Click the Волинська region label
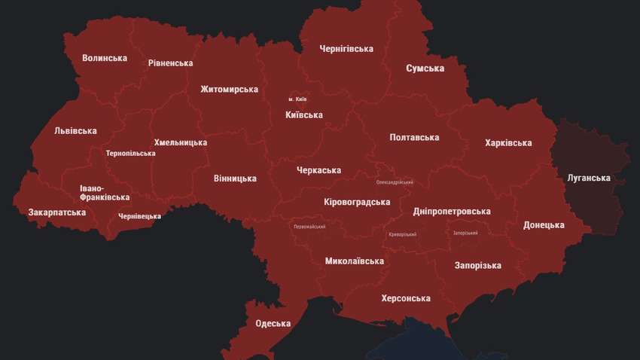click(105, 58)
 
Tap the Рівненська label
click(170, 63)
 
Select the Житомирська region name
click(229, 90)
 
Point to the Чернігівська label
click(346, 49)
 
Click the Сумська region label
click(425, 69)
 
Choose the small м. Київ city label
click(297, 99)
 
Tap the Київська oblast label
click(304, 115)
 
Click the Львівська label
click(75, 131)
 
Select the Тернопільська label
click(131, 154)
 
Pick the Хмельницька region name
click(180, 142)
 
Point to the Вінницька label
click(235, 178)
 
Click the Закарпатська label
click(57, 212)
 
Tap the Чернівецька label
click(139, 216)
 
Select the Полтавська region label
click(414, 138)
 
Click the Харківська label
click(508, 143)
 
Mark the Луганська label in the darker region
click(588, 178)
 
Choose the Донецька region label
click(544, 225)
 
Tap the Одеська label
click(273, 324)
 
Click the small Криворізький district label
click(402, 235)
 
